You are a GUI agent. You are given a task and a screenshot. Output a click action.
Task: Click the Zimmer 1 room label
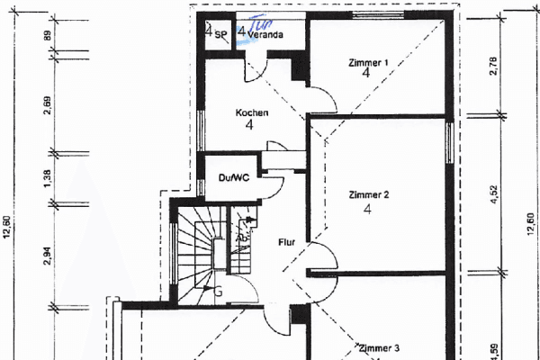[368, 62]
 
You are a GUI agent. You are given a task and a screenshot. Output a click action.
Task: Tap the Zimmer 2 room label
[368, 194]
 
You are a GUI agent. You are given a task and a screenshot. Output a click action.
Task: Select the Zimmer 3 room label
[378, 347]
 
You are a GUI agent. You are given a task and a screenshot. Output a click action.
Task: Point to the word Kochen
[251, 112]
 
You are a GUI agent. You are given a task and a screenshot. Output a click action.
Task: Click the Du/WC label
[233, 178]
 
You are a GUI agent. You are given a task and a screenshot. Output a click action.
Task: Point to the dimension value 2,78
[494, 66]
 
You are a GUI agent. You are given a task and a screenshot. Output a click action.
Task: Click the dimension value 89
[47, 37]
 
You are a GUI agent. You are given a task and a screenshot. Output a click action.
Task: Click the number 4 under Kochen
[248, 126]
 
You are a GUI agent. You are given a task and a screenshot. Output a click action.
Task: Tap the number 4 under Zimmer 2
[367, 210]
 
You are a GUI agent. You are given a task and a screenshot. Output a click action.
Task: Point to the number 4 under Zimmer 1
[366, 74]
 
